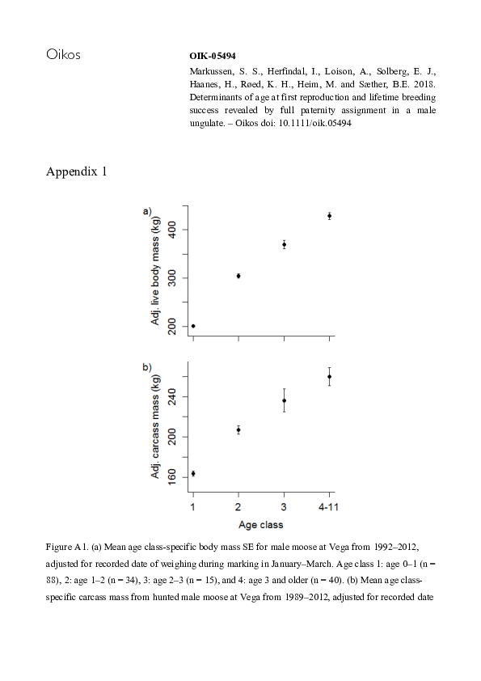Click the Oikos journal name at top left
[x=64, y=56]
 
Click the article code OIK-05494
[x=212, y=57]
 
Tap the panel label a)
[x=148, y=211]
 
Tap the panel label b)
[x=148, y=367]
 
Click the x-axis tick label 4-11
[x=329, y=506]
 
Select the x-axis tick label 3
[x=284, y=506]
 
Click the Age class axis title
[x=260, y=524]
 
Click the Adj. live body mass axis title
[x=156, y=272]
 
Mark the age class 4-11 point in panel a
[x=329, y=216]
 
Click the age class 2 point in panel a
[x=238, y=276]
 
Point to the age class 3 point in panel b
[x=284, y=400]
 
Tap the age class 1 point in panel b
[x=193, y=473]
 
